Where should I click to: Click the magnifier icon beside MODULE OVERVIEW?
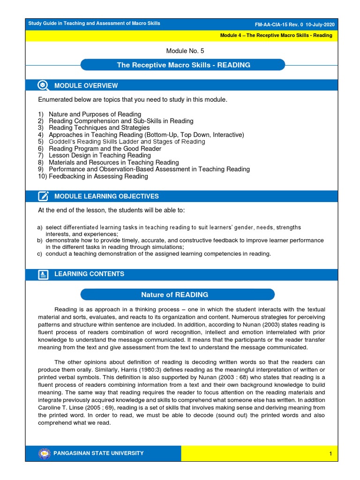pos(43,85)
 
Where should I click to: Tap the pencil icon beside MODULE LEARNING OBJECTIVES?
pos(43,196)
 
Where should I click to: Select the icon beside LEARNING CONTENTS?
pos(43,274)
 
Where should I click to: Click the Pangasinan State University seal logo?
pos(45,453)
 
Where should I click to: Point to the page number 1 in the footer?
pos(330,454)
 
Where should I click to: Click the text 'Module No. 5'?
pos(185,51)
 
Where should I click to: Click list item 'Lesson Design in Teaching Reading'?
pos(100,155)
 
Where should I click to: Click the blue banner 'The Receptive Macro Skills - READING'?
pos(183,65)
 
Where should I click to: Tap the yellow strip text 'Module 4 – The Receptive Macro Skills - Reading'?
pos(276,35)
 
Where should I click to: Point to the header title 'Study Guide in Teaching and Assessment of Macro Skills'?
pos(94,23)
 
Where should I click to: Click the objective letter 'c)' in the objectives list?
pos(40,254)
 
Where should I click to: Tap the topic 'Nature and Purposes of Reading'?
pos(95,114)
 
